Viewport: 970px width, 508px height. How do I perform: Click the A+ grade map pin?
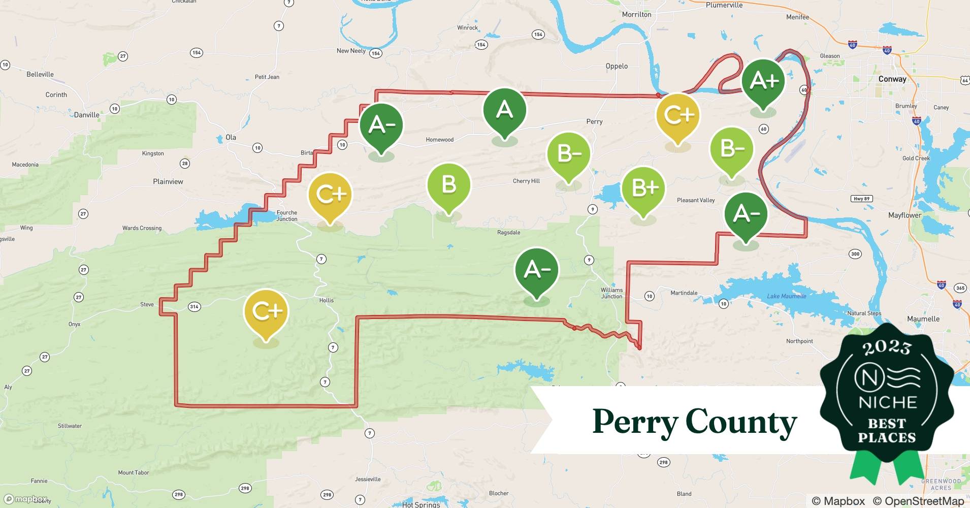(x=763, y=81)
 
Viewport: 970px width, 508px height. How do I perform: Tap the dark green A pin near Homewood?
(x=504, y=110)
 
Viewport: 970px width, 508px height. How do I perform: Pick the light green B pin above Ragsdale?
(x=448, y=184)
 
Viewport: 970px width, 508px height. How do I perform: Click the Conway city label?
(x=892, y=79)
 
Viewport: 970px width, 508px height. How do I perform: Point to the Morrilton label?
(x=636, y=15)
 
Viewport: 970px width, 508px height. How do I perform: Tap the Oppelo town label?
(x=617, y=66)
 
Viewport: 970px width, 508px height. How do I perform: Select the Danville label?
(x=87, y=115)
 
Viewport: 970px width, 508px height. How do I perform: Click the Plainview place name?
(x=168, y=181)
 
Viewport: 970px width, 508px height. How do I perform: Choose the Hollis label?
(x=327, y=300)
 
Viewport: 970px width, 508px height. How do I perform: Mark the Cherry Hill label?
(x=526, y=181)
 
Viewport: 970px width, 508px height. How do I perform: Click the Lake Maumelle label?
(x=786, y=296)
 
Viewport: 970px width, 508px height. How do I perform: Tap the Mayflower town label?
(x=904, y=215)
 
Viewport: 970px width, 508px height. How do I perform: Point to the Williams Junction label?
(x=611, y=293)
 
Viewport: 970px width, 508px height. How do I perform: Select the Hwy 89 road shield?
(x=861, y=199)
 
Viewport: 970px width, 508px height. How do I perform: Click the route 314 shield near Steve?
(x=194, y=306)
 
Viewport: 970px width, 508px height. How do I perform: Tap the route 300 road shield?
(x=855, y=254)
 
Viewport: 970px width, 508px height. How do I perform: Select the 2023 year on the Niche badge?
(x=887, y=347)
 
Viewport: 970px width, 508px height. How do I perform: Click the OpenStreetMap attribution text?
(x=918, y=501)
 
